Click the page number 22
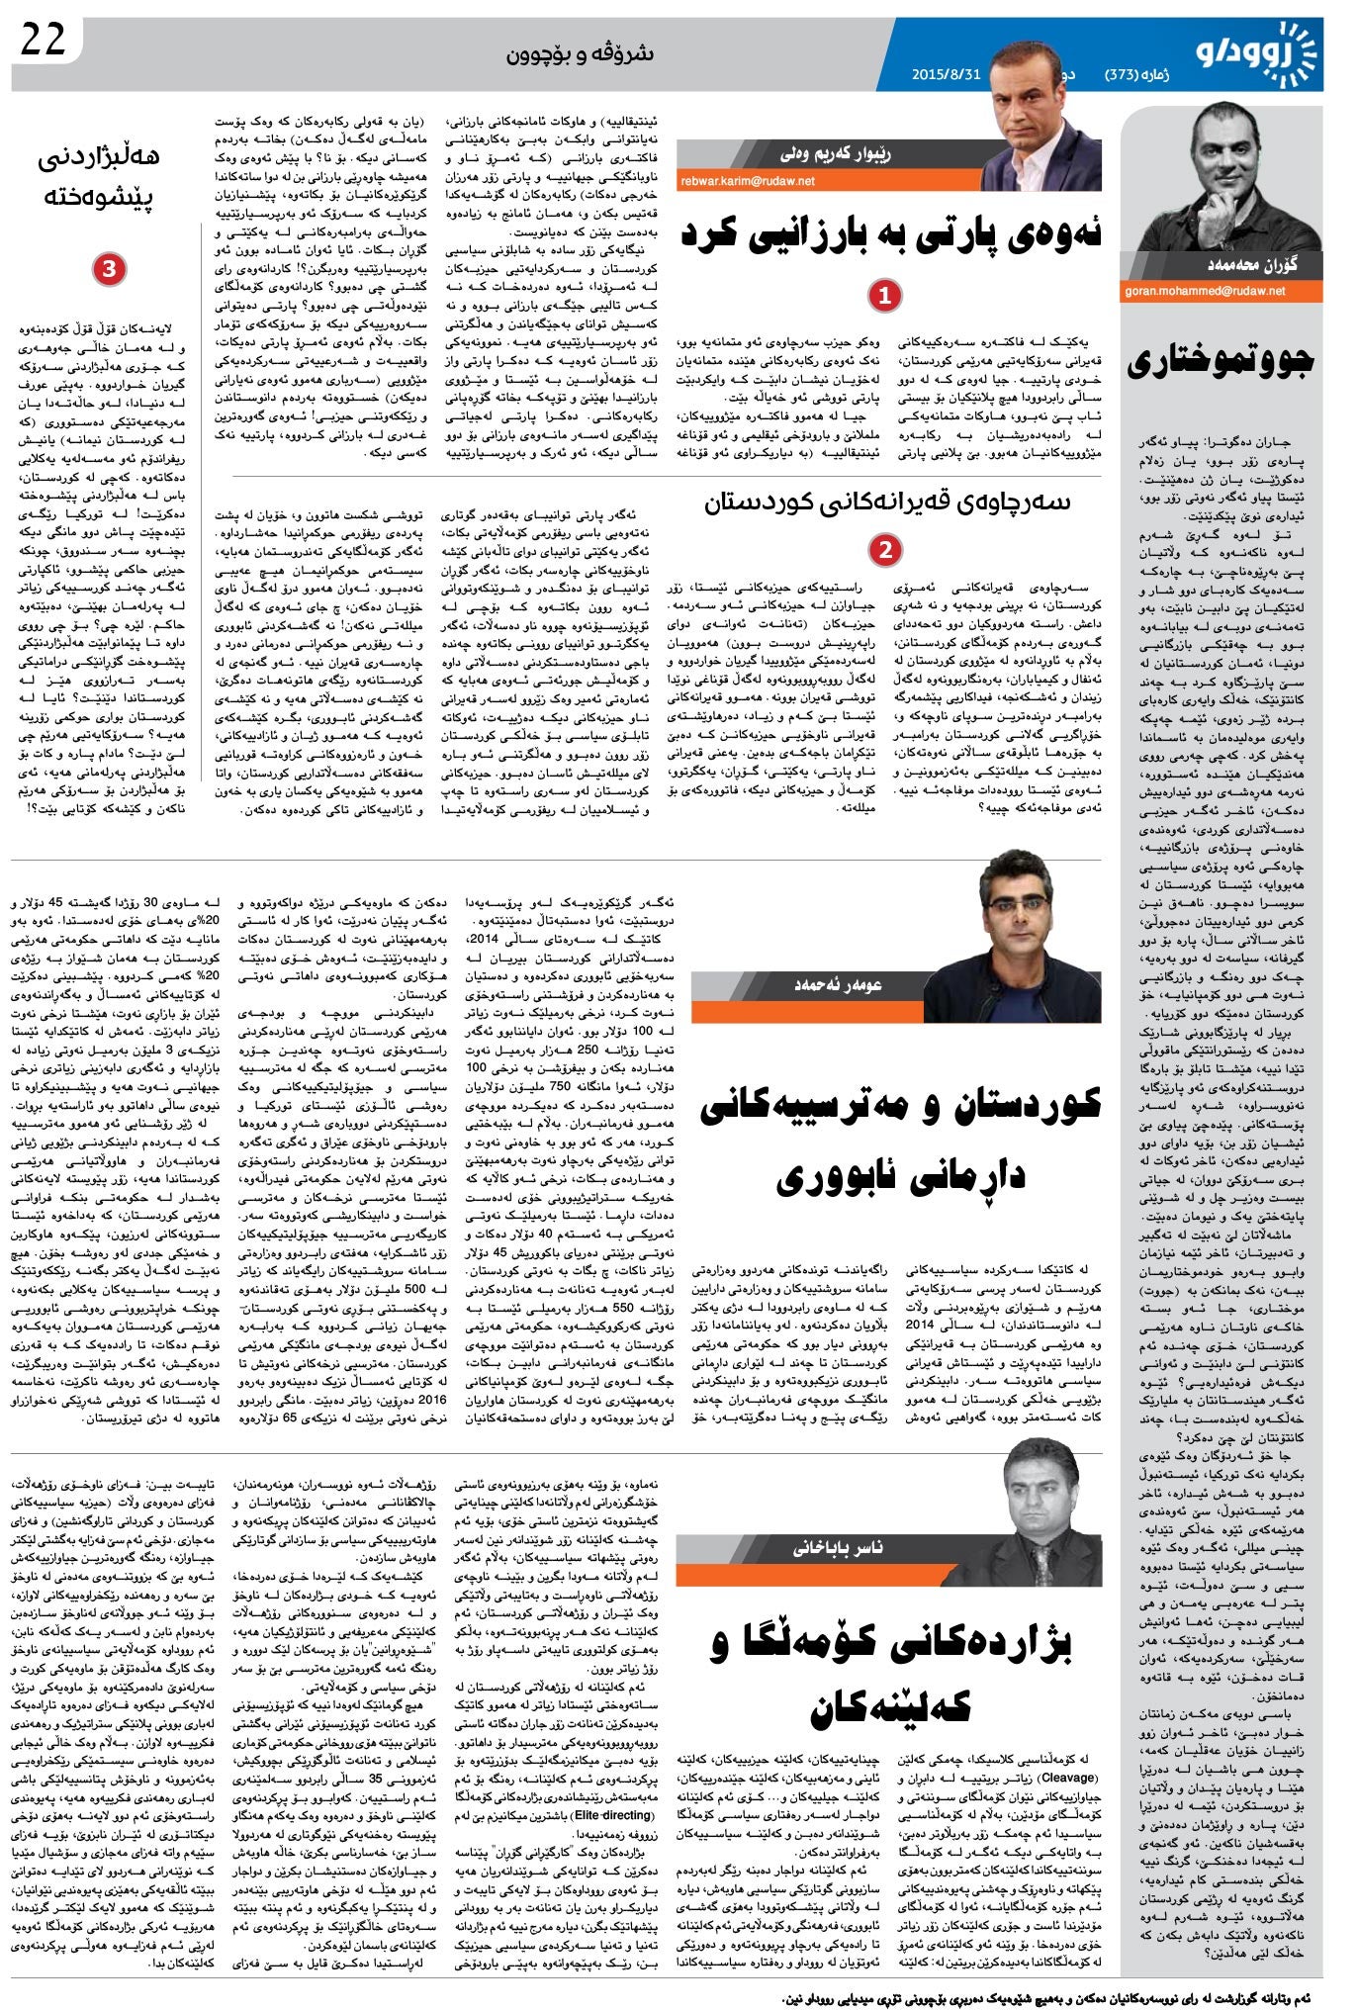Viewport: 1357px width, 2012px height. click(43, 39)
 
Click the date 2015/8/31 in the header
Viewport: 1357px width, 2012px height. click(946, 75)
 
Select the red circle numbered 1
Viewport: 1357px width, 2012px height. click(884, 295)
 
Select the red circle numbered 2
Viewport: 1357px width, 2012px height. click(884, 549)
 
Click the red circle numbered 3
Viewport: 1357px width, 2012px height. click(109, 269)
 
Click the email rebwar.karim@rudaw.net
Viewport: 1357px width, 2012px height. click(748, 181)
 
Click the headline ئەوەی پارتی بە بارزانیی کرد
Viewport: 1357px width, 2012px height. click(890, 235)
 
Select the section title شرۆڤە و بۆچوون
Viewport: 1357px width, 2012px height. click(580, 52)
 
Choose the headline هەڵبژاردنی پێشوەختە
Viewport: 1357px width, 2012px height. click(99, 176)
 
